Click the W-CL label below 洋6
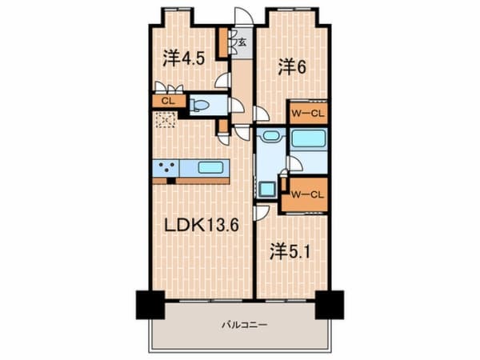coord(307,113)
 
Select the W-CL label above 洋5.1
coord(307,194)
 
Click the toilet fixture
coord(201,105)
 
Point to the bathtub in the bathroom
coord(308,138)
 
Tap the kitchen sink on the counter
coord(210,169)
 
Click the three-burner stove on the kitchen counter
coord(168,169)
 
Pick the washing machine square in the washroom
coord(266,189)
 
